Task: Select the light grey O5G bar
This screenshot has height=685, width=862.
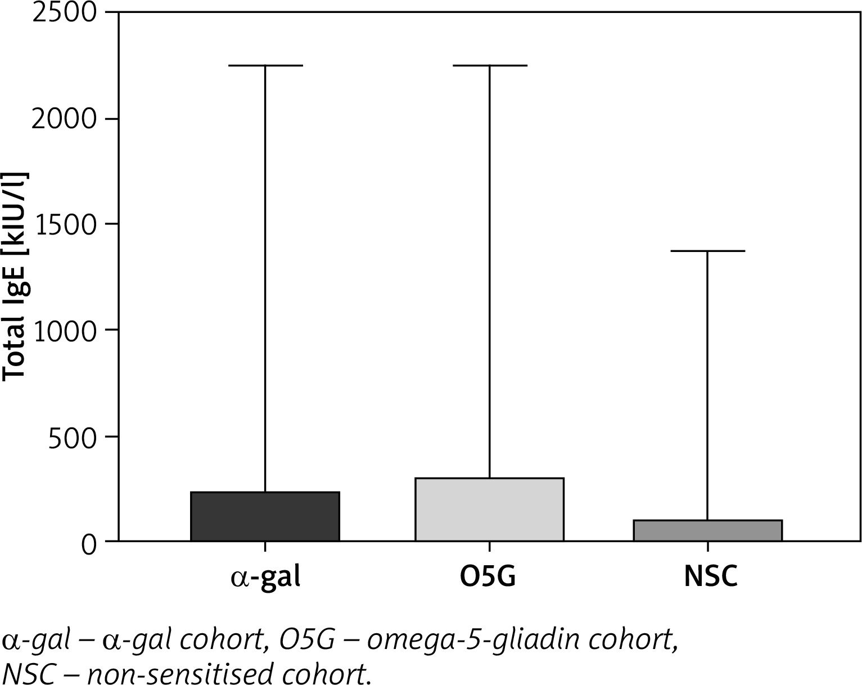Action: (489, 510)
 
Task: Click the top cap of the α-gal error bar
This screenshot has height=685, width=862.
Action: (265, 66)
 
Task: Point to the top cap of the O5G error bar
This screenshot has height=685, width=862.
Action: (489, 66)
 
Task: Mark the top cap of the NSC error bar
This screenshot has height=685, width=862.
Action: (707, 251)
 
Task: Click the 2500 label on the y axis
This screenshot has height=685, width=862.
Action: (65, 13)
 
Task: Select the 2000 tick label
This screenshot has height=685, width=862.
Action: (65, 119)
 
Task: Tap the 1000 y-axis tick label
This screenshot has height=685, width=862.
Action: (65, 331)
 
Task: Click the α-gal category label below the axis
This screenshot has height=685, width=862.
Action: (265, 577)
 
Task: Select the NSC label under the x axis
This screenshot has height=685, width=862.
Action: (710, 577)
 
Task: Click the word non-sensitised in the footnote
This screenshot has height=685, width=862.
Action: (186, 673)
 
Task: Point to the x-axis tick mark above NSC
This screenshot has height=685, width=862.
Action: (707, 547)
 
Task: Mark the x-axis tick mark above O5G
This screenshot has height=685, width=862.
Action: (489, 547)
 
